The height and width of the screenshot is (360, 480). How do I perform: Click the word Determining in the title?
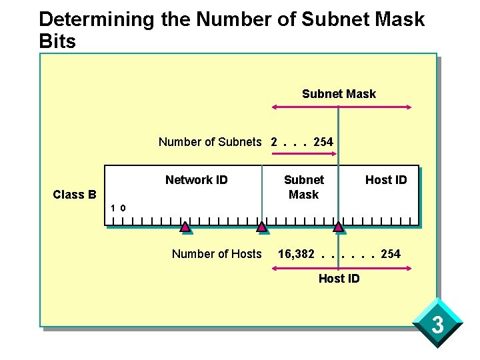[97, 19]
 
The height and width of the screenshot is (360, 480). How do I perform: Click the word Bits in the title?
[58, 41]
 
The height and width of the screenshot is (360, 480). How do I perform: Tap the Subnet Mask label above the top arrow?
[339, 94]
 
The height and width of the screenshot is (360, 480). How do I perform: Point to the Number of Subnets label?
[210, 141]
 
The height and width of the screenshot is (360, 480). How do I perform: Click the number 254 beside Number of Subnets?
[323, 141]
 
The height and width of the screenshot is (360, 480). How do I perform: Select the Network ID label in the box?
[197, 179]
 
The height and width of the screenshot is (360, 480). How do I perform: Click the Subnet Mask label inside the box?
[303, 187]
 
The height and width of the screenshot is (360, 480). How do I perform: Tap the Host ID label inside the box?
[385, 179]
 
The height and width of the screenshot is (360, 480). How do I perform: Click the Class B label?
[75, 195]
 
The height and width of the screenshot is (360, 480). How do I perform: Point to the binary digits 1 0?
[119, 209]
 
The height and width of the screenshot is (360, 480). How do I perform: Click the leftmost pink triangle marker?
[186, 228]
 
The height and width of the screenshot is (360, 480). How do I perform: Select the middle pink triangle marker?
[262, 228]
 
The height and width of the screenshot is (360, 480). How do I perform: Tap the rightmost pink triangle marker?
[339, 228]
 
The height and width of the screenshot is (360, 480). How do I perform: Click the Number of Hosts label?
[217, 253]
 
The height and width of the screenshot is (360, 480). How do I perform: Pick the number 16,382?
[296, 253]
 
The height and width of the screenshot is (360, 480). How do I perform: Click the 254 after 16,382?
[391, 253]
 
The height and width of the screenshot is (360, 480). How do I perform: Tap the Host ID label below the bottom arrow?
[339, 279]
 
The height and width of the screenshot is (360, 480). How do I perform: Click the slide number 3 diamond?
[437, 326]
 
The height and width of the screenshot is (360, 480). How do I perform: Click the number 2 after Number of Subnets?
[274, 141]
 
